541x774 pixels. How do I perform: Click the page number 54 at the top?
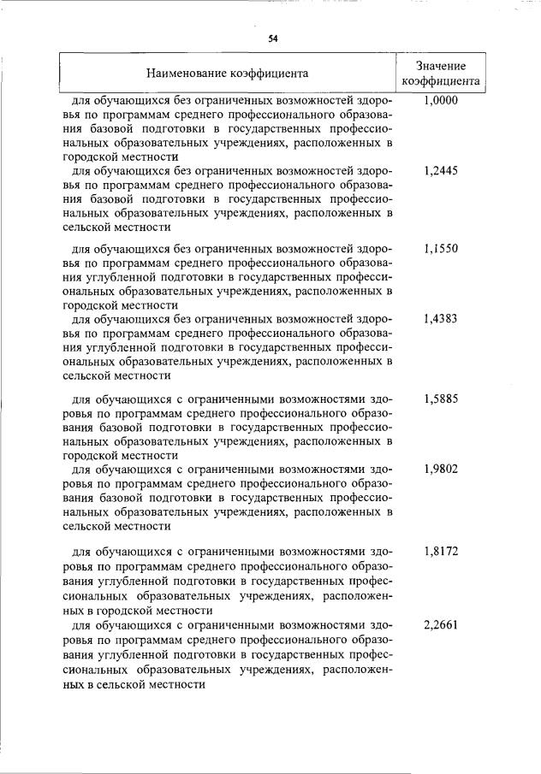[272, 38]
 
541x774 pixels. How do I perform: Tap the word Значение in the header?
[441, 66]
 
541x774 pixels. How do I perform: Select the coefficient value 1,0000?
[441, 101]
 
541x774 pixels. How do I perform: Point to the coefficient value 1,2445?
[441, 171]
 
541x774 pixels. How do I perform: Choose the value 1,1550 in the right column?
[441, 248]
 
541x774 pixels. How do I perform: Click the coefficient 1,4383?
[441, 318]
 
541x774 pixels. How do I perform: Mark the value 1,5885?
[441, 399]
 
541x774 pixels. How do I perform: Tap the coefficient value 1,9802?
[441, 470]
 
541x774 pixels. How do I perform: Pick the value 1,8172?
[441, 552]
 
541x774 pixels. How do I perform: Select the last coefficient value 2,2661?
[441, 625]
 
